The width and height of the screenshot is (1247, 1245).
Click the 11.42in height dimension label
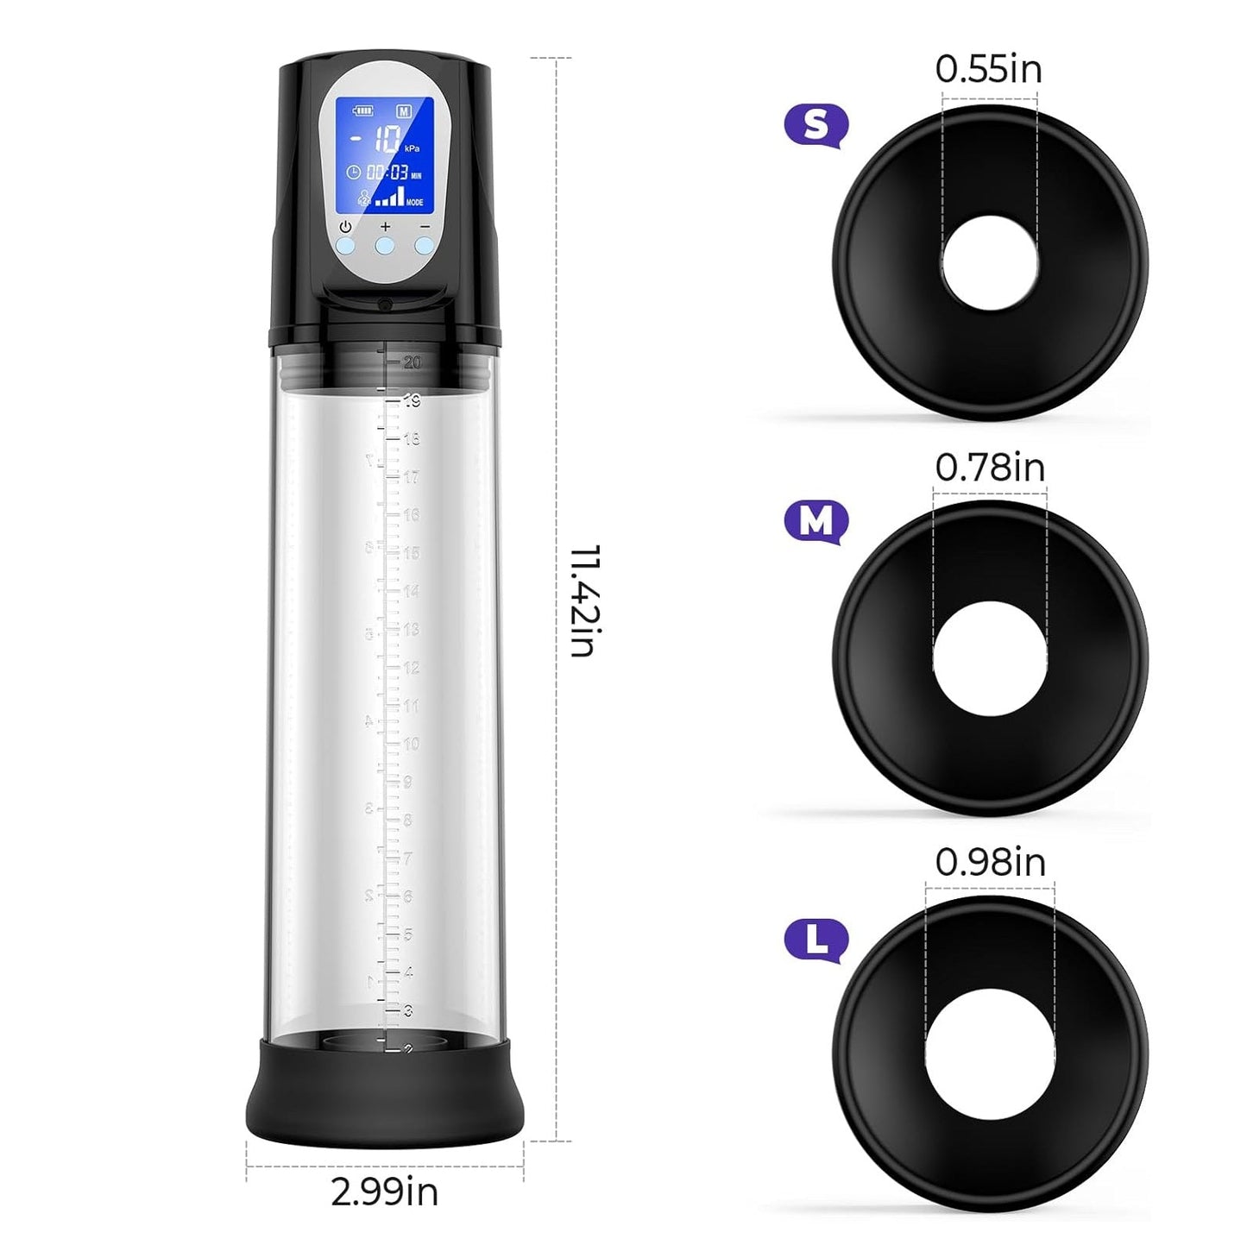coord(584,600)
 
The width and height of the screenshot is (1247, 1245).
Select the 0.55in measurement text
coord(988,69)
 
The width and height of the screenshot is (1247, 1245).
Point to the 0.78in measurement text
coord(990,468)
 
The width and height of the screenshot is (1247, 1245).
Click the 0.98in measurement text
coord(990,862)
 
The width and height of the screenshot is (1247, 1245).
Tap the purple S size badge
coord(816,126)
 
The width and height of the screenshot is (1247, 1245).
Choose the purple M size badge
coord(816,521)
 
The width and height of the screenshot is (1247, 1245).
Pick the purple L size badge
coord(816,940)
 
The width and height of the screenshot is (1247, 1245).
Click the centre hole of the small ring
coord(989,262)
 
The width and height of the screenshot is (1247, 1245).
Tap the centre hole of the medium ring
coord(990,658)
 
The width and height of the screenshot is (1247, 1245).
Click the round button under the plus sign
coord(385,246)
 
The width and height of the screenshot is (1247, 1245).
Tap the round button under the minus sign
coord(424,246)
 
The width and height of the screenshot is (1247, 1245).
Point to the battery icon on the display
coord(362,110)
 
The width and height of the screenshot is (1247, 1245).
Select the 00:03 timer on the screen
coord(387,173)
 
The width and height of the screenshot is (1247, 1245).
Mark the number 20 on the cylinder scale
coord(412,362)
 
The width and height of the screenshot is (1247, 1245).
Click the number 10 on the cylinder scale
coord(411,744)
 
